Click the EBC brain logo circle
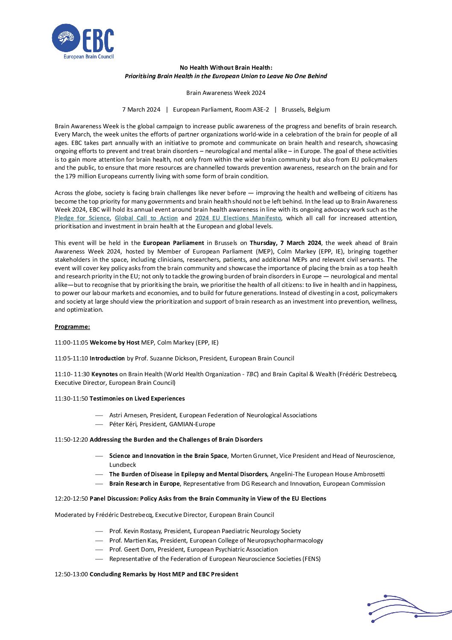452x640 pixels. point(66,38)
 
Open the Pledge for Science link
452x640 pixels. point(82,218)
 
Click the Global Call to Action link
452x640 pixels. point(146,218)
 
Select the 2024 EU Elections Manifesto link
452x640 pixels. point(238,218)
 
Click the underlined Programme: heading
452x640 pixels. point(72,327)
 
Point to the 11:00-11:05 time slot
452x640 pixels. point(71,342)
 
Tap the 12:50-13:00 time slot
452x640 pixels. point(71,574)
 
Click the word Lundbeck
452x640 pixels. point(123,465)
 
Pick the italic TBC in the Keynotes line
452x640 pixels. point(252,374)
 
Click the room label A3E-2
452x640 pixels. point(261,109)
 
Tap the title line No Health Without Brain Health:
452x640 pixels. point(226,68)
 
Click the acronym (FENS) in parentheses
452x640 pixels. point(311,559)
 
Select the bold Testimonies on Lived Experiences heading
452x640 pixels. point(137,398)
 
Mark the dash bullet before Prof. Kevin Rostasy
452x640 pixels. point(99,531)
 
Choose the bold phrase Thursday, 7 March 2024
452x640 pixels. point(285,243)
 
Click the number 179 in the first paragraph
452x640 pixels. point(71,176)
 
